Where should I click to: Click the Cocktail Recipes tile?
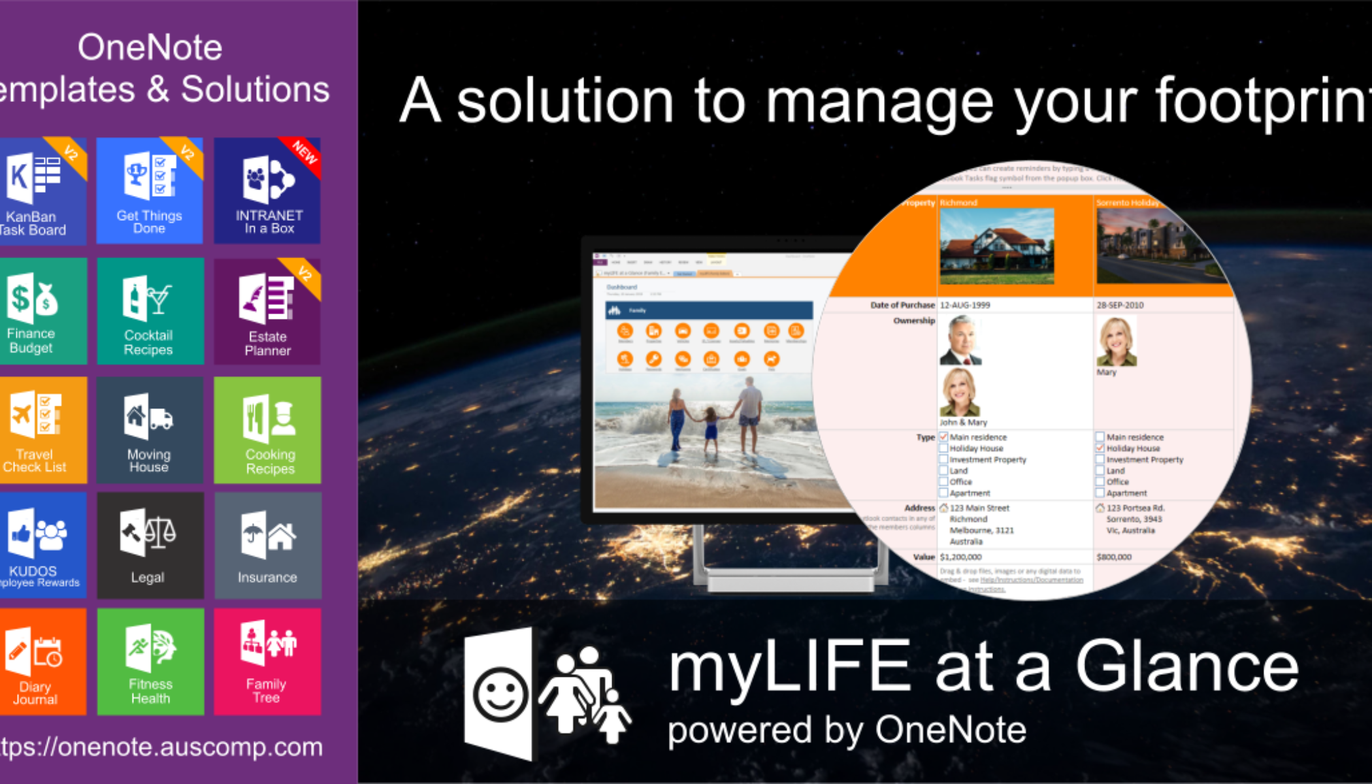click(x=150, y=311)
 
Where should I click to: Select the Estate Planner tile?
click(x=267, y=311)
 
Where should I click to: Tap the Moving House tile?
click(x=150, y=430)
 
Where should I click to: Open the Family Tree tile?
click(x=267, y=661)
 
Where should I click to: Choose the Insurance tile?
click(x=267, y=546)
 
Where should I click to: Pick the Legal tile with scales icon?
click(x=150, y=546)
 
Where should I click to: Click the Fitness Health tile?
click(x=150, y=661)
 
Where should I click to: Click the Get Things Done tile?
click(x=150, y=191)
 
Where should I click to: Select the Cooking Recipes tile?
click(x=267, y=430)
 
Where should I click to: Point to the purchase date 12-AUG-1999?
click(x=965, y=305)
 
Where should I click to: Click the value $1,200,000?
click(x=960, y=557)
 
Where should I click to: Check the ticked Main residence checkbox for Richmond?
click(x=943, y=437)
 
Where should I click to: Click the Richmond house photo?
click(x=996, y=246)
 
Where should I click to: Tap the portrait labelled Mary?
click(x=1117, y=342)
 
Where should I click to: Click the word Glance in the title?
click(x=1186, y=666)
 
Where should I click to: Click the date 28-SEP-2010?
click(x=1120, y=305)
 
